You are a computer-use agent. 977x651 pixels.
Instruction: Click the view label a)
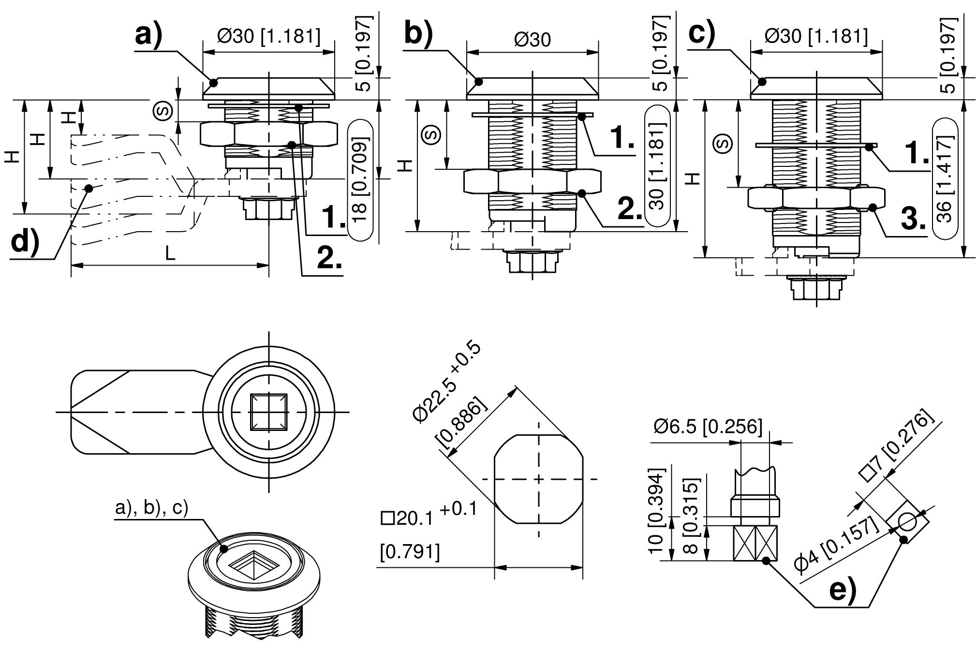pyautogui.click(x=148, y=34)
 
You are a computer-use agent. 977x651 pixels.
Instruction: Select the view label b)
pyautogui.click(x=418, y=33)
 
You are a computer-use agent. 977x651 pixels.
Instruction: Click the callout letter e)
pyautogui.click(x=843, y=591)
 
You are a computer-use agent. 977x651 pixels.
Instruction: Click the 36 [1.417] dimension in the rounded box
pyautogui.click(x=945, y=179)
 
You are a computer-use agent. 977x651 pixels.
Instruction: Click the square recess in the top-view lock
pyautogui.click(x=268, y=412)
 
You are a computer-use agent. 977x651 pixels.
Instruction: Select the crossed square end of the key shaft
pyautogui.click(x=755, y=543)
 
